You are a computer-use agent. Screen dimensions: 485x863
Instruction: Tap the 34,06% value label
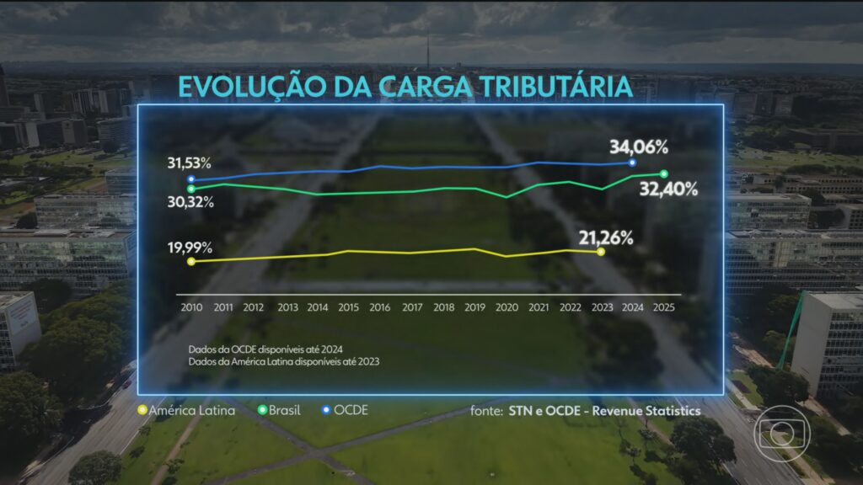[638, 147]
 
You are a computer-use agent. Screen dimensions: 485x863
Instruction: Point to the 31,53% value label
[189, 163]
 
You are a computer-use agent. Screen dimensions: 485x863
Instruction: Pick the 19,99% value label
[189, 248]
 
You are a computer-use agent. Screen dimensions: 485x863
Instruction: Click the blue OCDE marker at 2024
[632, 163]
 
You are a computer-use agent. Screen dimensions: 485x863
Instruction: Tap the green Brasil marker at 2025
[664, 174]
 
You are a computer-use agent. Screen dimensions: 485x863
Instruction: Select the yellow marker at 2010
[191, 262]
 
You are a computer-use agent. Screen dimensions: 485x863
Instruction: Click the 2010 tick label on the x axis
[191, 308]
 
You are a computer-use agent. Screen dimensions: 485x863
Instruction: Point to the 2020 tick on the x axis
[506, 308]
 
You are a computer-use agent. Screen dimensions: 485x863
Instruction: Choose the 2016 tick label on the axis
[380, 308]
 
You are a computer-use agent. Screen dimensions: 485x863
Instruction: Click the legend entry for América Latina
[185, 411]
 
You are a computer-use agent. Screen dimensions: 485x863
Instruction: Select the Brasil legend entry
[280, 411]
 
